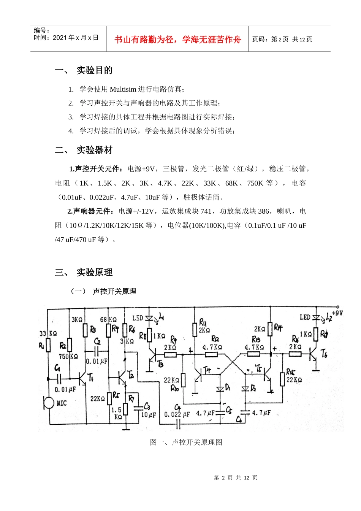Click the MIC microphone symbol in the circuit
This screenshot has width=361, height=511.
click(49, 402)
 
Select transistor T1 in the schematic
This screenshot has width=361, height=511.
click(82, 378)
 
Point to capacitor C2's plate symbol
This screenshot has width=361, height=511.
click(97, 350)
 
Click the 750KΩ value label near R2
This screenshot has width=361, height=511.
click(69, 357)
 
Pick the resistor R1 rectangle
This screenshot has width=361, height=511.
click(48, 345)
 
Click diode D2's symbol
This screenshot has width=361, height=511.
click(245, 389)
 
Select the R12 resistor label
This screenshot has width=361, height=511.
click(215, 338)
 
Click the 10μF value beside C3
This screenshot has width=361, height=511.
click(148, 415)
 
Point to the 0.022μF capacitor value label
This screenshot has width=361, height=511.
click(177, 414)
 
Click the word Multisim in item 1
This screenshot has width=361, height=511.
click(123, 89)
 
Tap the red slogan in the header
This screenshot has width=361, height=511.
click(178, 40)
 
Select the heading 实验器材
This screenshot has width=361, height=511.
click(95, 150)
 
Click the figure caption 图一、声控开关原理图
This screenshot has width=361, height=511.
click(186, 442)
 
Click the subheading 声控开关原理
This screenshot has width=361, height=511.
click(114, 291)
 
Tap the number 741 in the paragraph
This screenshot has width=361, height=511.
click(206, 211)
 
